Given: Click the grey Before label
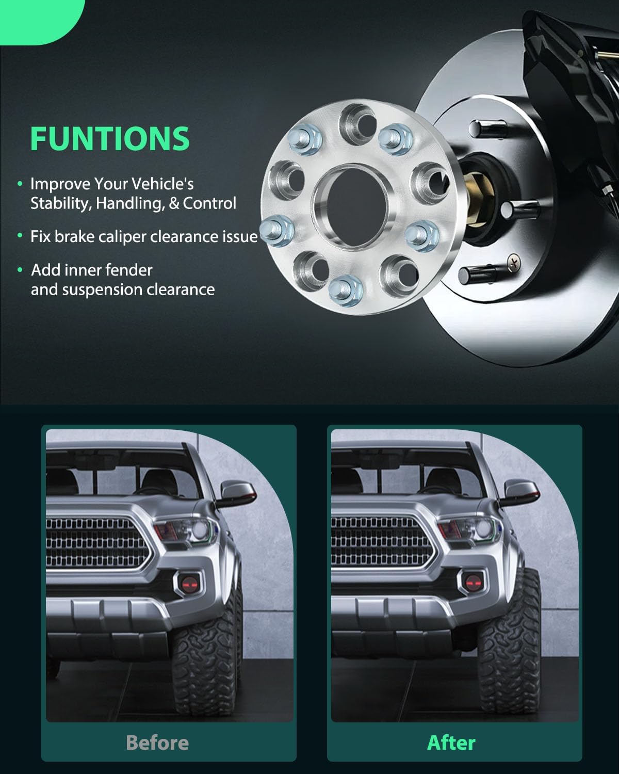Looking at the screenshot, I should [157, 743].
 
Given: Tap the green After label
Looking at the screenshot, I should [451, 743].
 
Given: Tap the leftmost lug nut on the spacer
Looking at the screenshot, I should [276, 228].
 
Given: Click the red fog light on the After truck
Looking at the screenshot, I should [471, 583].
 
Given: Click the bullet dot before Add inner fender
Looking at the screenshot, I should [20, 270].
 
